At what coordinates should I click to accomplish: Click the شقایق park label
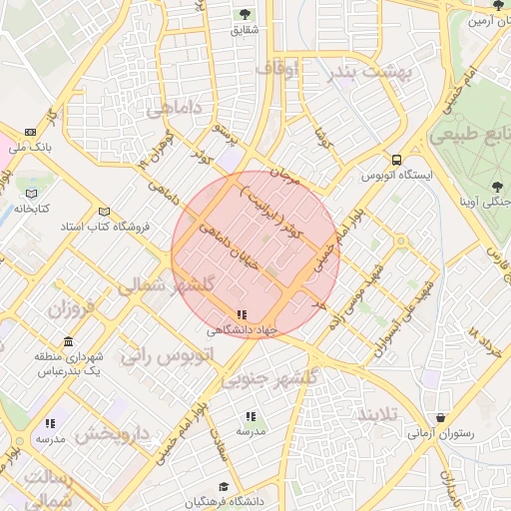pyautogui.click(x=245, y=31)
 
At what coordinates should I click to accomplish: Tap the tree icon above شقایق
pyautogui.click(x=245, y=14)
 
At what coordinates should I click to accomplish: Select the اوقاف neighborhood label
pyautogui.click(x=277, y=70)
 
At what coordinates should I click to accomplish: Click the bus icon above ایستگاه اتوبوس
pyautogui.click(x=397, y=159)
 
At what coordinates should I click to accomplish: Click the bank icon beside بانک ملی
pyautogui.click(x=29, y=132)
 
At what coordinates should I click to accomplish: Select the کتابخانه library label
pyautogui.click(x=32, y=209)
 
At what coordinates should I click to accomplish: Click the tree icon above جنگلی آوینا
pyautogui.click(x=497, y=186)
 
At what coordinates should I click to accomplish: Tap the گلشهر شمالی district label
pyautogui.click(x=167, y=285)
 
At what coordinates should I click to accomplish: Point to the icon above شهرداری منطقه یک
pyautogui.click(x=68, y=339)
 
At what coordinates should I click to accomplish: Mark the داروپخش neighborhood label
pyautogui.click(x=112, y=435)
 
